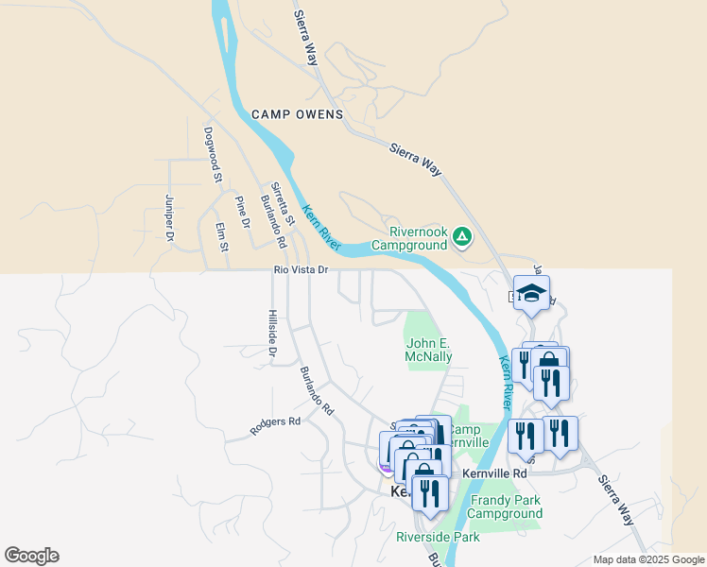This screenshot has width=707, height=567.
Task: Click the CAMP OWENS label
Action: (x=297, y=114)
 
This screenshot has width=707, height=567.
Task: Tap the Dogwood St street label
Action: (x=212, y=154)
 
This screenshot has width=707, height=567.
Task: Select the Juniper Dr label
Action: (x=170, y=216)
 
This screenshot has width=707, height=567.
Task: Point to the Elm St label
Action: (x=222, y=237)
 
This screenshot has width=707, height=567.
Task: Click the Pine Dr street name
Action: (x=243, y=212)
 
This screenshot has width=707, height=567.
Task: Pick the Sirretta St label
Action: (x=283, y=204)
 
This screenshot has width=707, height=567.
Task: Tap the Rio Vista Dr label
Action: (x=300, y=270)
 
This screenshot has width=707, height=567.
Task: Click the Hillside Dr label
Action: (x=272, y=334)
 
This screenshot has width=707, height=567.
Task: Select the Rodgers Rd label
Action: (x=275, y=426)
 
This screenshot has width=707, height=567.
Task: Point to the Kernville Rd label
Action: (x=494, y=472)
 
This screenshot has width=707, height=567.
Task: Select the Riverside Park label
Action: (x=438, y=537)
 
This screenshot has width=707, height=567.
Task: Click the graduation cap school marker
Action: (x=532, y=292)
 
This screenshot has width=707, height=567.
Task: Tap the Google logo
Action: (x=31, y=556)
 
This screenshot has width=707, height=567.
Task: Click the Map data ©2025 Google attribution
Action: (x=648, y=559)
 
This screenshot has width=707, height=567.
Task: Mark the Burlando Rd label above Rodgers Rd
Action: (x=317, y=391)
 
